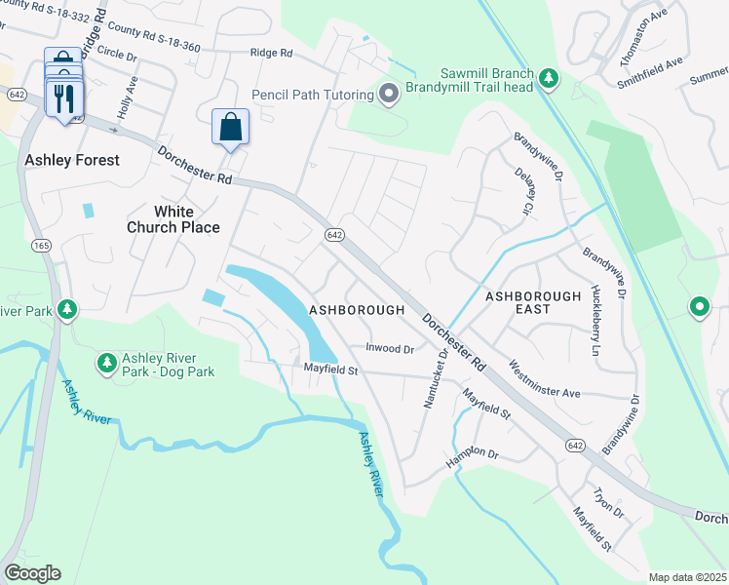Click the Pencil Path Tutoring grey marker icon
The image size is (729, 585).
[390, 95]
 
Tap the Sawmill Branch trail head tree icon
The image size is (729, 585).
[549, 78]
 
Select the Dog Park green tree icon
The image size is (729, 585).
[106, 364]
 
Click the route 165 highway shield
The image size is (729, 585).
[41, 244]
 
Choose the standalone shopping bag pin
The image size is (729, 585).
[230, 127]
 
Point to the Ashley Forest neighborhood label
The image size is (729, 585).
[72, 160]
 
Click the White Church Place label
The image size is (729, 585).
[173, 219]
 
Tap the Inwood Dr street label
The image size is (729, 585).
[390, 348]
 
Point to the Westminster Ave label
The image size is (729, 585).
[544, 379]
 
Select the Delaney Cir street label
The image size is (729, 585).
[520, 190]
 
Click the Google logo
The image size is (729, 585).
[32, 572]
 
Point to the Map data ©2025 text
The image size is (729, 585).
[686, 577]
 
